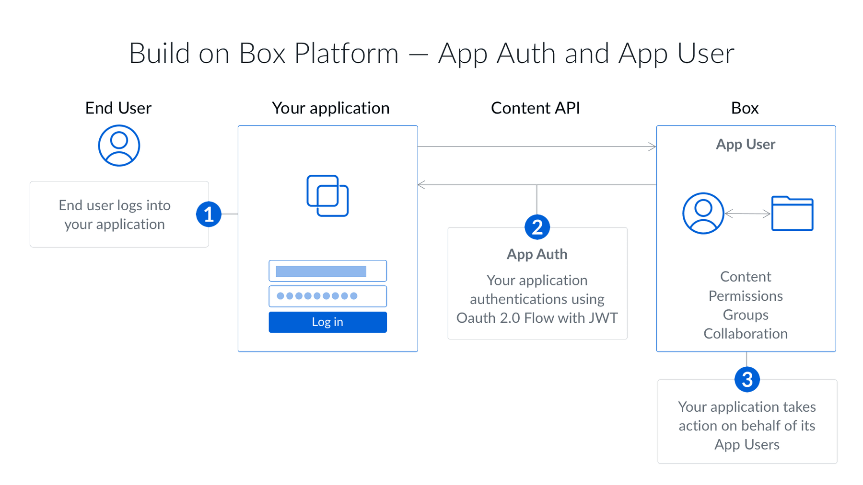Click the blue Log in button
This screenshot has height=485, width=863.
tap(327, 322)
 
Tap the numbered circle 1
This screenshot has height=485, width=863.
tap(209, 214)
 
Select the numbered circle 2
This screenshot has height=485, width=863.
tap(536, 227)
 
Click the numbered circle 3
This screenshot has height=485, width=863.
tap(746, 379)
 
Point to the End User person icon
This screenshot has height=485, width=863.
tap(119, 146)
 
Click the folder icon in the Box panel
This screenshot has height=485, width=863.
tap(792, 214)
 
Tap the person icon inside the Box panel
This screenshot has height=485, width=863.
tap(703, 214)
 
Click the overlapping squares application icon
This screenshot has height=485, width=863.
tap(327, 196)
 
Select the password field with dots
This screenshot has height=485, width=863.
tap(327, 296)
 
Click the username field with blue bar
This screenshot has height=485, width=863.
tap(327, 271)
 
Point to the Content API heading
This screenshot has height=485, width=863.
tap(535, 108)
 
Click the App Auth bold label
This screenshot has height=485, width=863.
tap(536, 254)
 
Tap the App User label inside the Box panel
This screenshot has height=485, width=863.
tap(745, 144)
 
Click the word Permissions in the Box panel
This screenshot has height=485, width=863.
tap(745, 296)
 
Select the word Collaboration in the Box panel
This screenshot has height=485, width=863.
tap(745, 334)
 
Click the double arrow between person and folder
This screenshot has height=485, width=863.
tap(747, 214)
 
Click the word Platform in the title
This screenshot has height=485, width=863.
tap(346, 53)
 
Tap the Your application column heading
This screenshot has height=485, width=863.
tap(330, 108)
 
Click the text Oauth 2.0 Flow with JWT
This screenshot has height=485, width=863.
tap(536, 318)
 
